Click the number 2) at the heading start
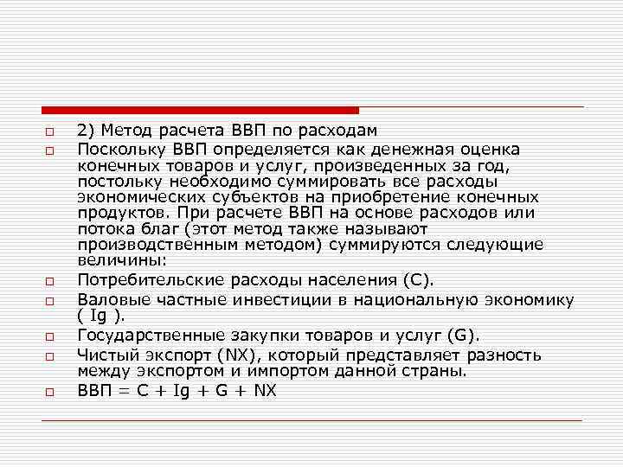pyautogui.click(x=85, y=131)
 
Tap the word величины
pyautogui.click(x=114, y=260)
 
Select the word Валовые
pyautogui.click(x=109, y=299)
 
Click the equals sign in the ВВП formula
pyautogui.click(x=121, y=390)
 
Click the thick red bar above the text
pyautogui.click(x=200, y=111)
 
